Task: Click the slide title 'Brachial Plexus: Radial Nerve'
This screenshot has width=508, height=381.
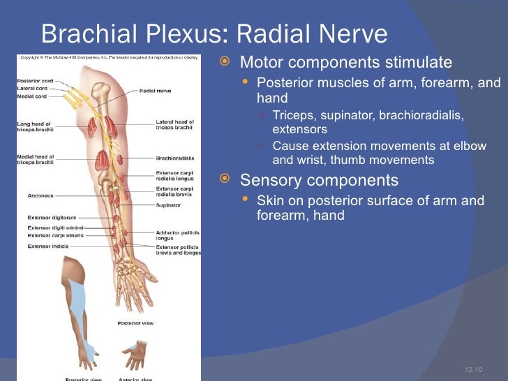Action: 214,33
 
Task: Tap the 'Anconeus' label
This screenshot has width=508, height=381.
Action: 40,195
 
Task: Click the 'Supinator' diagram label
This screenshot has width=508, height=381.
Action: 169,205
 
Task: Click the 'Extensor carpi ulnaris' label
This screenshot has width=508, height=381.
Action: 54,236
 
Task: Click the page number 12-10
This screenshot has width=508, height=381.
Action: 474,368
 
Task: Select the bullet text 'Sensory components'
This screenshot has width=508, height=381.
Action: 319,181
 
